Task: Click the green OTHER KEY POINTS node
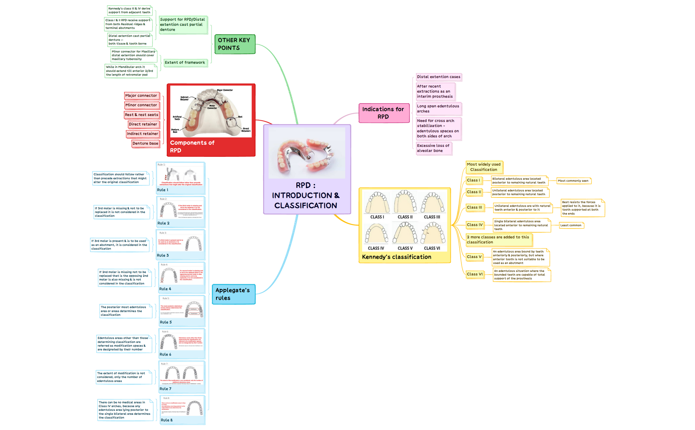tap(235, 44)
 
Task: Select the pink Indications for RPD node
tap(384, 113)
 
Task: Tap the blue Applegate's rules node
tap(234, 294)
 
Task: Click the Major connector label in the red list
tap(141, 96)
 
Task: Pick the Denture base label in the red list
tap(145, 143)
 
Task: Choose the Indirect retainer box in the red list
tap(142, 134)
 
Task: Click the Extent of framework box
tap(185, 63)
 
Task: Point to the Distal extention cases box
tap(439, 77)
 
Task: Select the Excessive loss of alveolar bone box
tap(434, 148)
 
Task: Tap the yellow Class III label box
tap(475, 207)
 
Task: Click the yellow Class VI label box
tap(475, 274)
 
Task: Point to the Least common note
tap(571, 225)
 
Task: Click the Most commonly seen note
tap(573, 181)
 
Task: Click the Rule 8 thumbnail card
tap(182, 409)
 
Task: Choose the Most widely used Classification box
tap(484, 167)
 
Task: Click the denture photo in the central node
tap(306, 153)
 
